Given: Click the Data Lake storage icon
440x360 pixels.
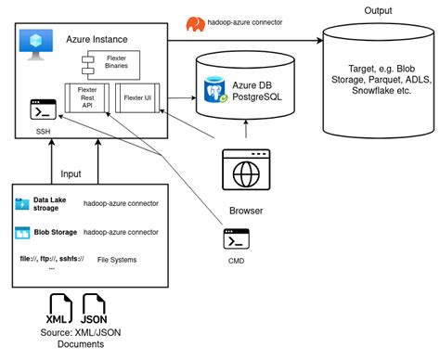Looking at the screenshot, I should pos(22,202).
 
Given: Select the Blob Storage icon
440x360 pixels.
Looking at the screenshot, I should pos(22,232).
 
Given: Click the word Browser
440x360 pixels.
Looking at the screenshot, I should pos(244,210).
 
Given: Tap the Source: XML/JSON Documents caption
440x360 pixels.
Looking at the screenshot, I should pos(75,338).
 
